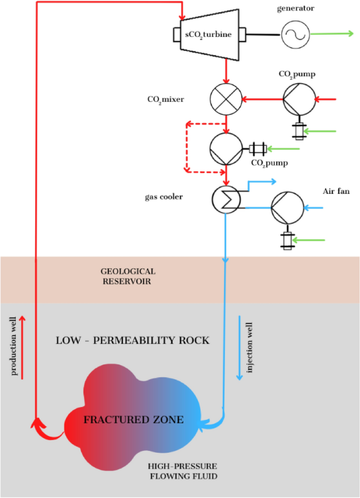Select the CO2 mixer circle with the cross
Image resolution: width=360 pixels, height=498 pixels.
225,98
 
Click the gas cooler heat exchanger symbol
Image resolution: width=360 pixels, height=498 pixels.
226,199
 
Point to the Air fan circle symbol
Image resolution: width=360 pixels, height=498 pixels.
287,209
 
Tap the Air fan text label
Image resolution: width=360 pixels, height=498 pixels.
336,192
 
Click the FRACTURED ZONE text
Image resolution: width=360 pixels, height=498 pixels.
133,420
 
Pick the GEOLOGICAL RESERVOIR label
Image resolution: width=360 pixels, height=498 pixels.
128,276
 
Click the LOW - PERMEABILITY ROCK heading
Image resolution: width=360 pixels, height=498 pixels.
132,340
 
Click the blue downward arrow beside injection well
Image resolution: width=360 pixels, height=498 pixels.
240,348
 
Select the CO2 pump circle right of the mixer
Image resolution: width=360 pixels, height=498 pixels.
300,98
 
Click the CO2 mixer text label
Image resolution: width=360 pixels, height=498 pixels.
166,98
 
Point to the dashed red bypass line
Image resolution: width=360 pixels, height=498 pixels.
186,147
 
